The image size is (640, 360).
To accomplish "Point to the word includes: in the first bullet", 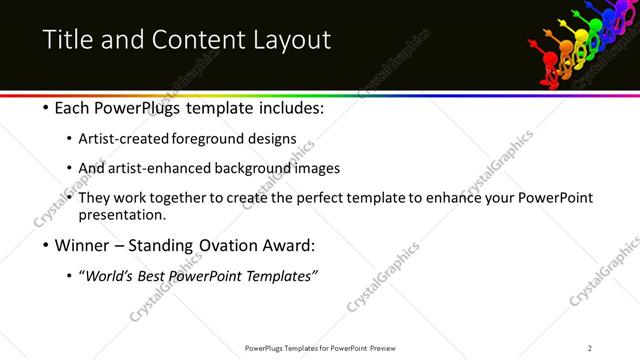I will click(x=288, y=107).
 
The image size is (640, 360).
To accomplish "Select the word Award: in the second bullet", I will click(x=290, y=245).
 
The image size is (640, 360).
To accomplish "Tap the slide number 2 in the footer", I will click(x=590, y=348).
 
